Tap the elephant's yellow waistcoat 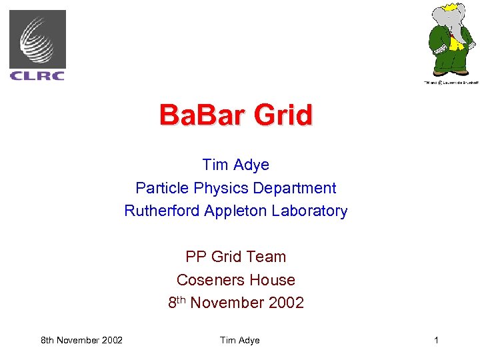[455, 43]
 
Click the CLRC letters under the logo [37, 75]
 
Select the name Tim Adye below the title [236, 165]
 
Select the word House [271, 280]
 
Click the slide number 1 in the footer [436, 341]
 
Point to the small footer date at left [81, 341]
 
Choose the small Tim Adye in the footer [239, 341]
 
